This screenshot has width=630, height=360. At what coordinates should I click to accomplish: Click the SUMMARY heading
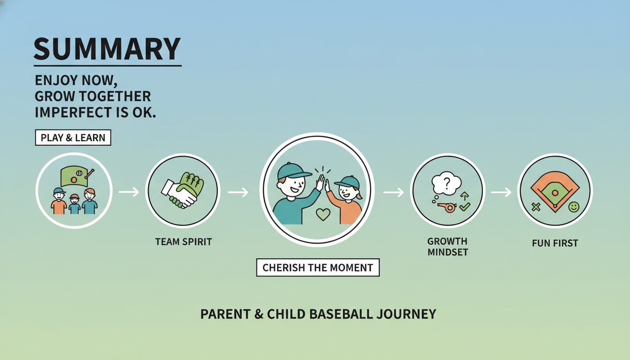tap(107, 49)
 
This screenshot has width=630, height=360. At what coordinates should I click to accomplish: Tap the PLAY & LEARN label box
tap(73, 137)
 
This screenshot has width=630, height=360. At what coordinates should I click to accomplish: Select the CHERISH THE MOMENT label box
tap(318, 268)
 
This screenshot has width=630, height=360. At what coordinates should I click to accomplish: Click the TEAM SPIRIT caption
tap(183, 242)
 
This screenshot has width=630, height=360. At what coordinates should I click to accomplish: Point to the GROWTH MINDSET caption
tap(448, 247)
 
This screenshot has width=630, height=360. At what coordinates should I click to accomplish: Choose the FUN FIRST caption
tap(555, 243)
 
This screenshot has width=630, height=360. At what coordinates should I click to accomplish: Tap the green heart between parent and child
tap(323, 214)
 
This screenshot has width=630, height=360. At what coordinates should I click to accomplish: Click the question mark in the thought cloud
tap(447, 183)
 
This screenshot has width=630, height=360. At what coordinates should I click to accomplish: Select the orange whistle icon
tap(447, 208)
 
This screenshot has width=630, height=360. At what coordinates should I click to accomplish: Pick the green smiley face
tap(574, 207)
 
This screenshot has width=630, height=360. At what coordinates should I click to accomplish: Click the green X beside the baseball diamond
tap(536, 207)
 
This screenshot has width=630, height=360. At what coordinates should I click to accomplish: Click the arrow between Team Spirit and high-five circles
tap(238, 192)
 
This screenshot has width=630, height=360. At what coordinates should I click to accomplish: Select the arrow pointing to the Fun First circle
tap(501, 192)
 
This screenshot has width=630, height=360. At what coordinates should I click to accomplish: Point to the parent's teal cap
tap(293, 171)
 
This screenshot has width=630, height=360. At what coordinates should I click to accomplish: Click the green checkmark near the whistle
tap(465, 207)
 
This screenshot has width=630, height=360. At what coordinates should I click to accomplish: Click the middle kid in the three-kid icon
tap(75, 204)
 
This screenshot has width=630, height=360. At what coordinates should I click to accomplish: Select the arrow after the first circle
tap(129, 192)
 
